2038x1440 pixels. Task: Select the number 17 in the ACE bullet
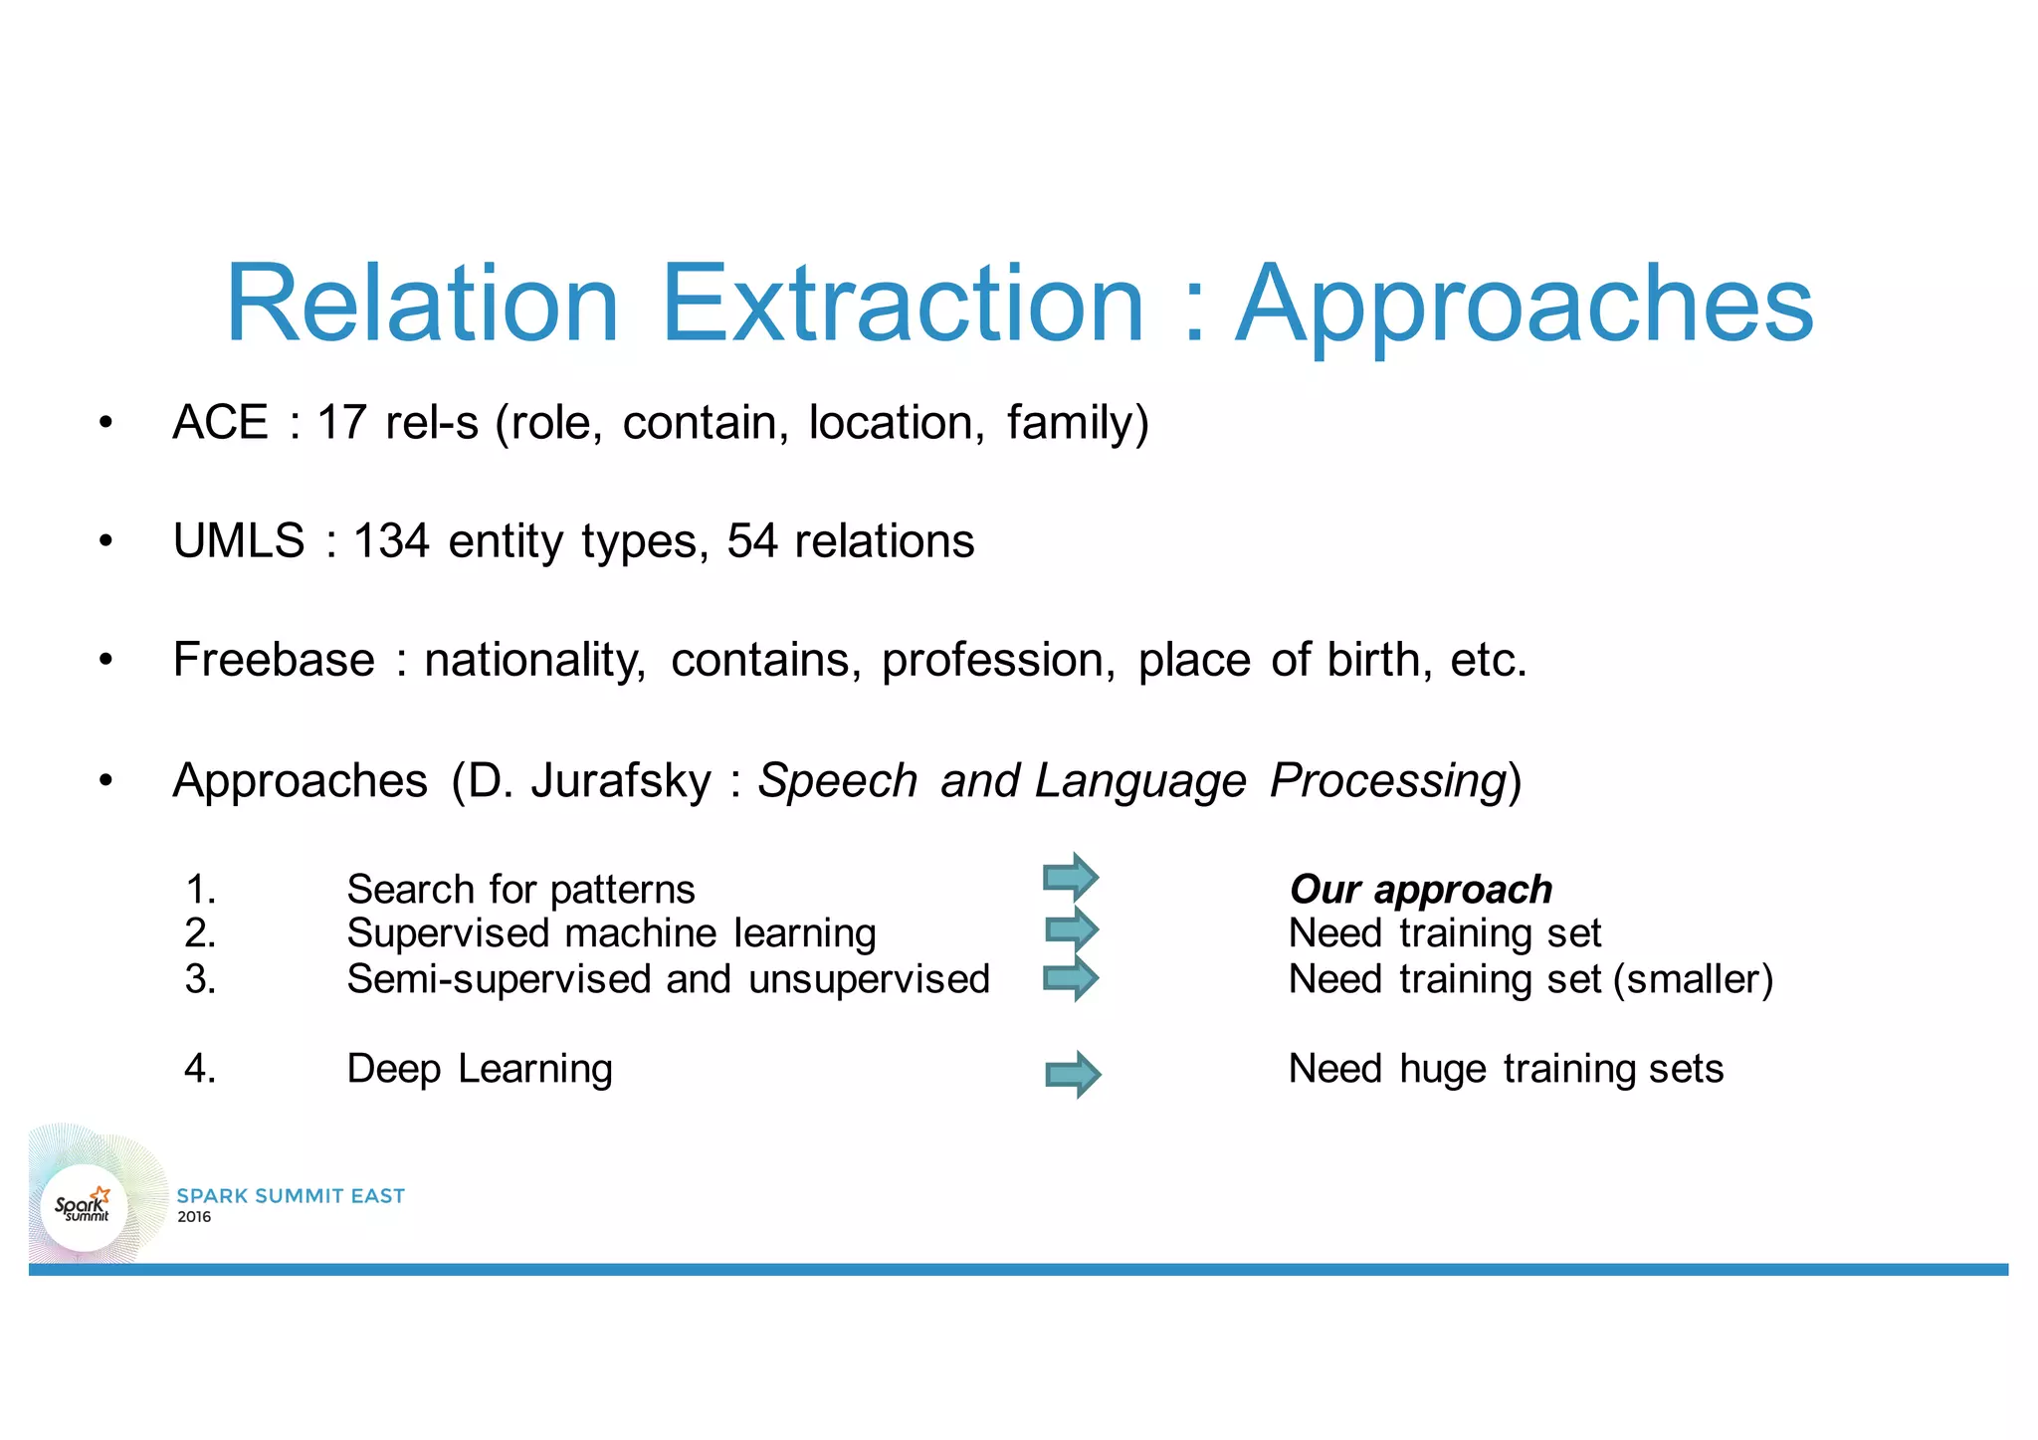(x=341, y=422)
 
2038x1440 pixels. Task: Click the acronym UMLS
(x=239, y=541)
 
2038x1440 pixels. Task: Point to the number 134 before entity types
(x=391, y=541)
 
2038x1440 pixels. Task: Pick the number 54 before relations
(x=752, y=541)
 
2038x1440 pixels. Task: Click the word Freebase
(x=274, y=660)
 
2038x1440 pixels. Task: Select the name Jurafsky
(x=621, y=780)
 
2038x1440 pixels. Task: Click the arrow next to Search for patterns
(x=1071, y=878)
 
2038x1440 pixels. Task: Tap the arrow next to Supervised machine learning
(x=1072, y=930)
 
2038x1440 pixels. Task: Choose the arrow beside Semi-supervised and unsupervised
(x=1071, y=978)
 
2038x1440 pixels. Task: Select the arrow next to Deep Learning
(x=1073, y=1074)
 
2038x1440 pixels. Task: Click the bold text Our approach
(x=1420, y=890)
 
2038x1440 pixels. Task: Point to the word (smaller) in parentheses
(x=1693, y=980)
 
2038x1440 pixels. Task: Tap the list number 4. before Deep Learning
(x=200, y=1069)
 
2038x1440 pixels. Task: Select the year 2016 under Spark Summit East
(x=194, y=1217)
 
